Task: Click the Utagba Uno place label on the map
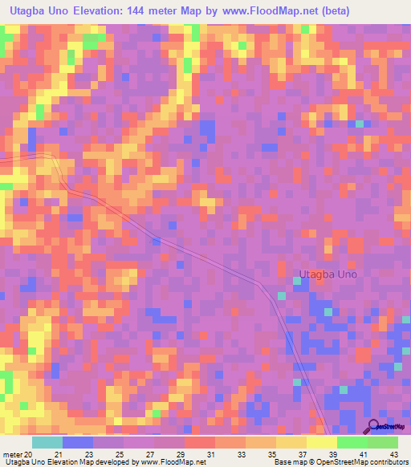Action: [x=328, y=274]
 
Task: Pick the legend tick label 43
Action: [x=393, y=453]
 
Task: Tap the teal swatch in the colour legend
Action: [x=47, y=442]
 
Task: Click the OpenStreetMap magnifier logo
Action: [x=374, y=426]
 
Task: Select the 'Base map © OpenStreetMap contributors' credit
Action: [x=340, y=462]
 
